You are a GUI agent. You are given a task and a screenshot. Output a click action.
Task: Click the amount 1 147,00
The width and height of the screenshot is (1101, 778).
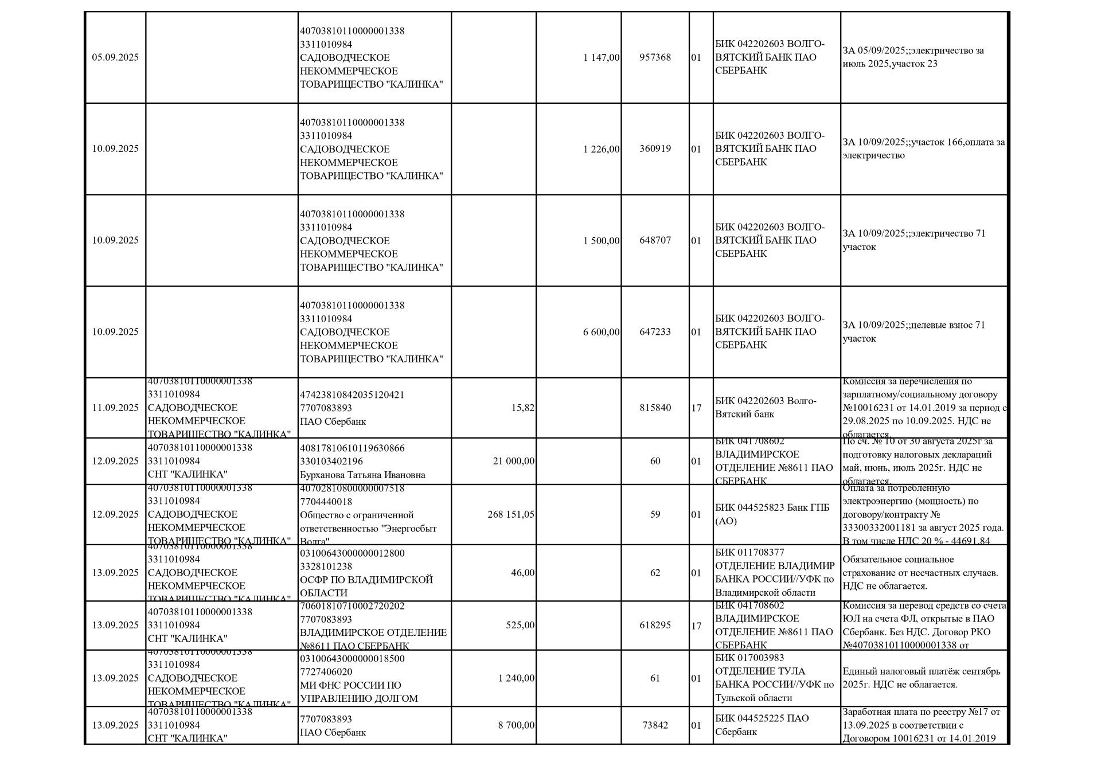tap(601, 57)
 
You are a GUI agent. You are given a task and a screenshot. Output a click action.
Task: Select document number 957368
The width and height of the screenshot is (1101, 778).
tap(655, 57)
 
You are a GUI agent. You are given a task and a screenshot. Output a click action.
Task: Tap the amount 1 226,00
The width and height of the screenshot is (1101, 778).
tap(601, 149)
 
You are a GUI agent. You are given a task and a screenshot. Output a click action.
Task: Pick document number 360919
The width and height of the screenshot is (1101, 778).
tap(655, 149)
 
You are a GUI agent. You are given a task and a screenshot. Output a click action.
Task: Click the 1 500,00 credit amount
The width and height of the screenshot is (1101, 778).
tap(601, 241)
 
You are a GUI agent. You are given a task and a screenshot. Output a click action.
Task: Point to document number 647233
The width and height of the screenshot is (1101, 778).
tap(655, 332)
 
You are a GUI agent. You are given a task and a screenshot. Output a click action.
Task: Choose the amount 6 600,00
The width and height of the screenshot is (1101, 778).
tap(601, 332)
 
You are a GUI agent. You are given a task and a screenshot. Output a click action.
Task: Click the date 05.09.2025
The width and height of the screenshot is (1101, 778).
tap(115, 57)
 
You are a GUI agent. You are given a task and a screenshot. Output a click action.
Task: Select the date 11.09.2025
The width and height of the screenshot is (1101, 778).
tap(115, 408)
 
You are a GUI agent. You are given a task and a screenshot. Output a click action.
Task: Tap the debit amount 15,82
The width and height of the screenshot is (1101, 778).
tap(522, 408)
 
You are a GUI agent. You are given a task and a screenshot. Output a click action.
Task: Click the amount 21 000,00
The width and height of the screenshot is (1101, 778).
tap(514, 462)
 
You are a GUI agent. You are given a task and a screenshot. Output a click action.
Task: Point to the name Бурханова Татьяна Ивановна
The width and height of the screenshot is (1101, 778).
tap(362, 475)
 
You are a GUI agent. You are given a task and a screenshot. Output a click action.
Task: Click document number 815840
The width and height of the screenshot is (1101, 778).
tap(655, 408)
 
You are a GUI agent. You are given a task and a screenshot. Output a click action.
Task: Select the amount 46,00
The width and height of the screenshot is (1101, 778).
tap(523, 573)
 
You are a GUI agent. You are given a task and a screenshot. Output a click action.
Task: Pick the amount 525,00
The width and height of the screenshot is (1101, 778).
tap(520, 625)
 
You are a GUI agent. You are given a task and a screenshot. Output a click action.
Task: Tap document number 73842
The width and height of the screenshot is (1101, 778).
tap(655, 725)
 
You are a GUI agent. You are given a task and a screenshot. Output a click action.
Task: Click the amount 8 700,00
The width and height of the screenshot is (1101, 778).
tap(517, 725)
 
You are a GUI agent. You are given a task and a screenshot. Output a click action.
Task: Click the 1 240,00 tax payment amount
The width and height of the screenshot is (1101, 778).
tap(517, 678)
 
